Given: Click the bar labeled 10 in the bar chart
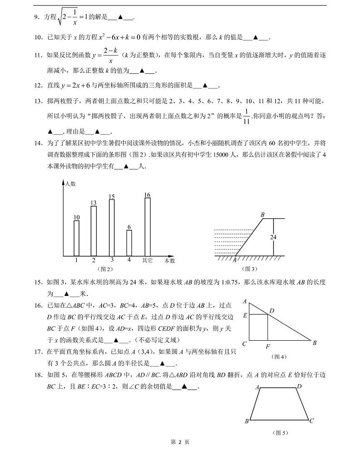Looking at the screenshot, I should (77, 238).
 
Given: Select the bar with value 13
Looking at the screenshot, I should (94, 231).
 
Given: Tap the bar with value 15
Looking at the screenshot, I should (112, 228).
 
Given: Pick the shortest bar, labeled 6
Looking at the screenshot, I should (129, 243).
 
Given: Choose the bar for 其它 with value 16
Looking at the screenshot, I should (147, 227).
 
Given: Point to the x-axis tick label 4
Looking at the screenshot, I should (129, 260).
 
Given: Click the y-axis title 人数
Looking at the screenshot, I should (70, 184).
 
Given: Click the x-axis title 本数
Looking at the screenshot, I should (170, 261).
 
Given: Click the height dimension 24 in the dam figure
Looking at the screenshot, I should (273, 237).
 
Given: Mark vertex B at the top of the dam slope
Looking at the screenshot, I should (263, 214).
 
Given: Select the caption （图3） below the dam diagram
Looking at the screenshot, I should (249, 269).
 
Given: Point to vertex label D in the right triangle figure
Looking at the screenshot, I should (272, 311).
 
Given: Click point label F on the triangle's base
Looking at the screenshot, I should (268, 347).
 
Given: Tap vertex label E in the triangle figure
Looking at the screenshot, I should (245, 315).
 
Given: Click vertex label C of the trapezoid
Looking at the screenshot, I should (311, 421).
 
